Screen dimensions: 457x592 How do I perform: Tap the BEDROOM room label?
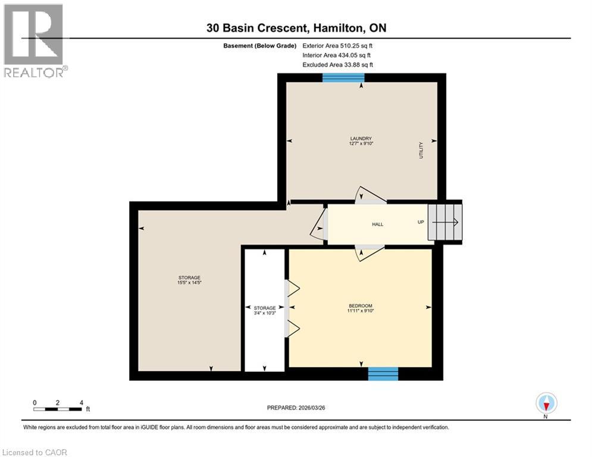coord(361,307)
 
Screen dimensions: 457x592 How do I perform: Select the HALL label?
coord(378,224)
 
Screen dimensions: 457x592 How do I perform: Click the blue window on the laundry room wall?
coord(343,77)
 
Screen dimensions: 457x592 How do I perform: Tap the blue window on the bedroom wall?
coord(383,373)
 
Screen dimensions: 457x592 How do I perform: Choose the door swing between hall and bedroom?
coord(368,253)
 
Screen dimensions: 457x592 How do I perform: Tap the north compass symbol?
coord(546,403)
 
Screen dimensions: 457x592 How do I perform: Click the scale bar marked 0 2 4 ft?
coord(58,408)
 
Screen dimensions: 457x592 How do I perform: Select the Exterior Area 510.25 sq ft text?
coord(337,45)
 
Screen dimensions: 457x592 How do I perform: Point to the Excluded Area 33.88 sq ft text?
coord(337,64)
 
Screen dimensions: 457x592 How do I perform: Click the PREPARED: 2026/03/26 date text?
coord(300,408)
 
